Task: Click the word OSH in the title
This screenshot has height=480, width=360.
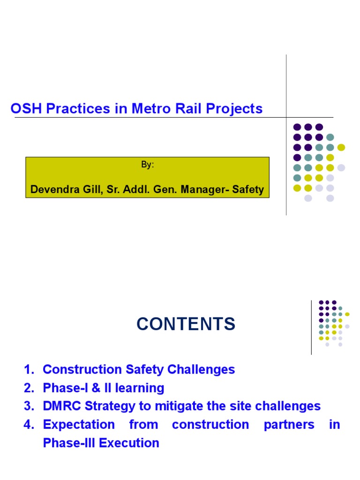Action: [x=26, y=108]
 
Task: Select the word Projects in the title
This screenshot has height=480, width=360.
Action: [x=234, y=109]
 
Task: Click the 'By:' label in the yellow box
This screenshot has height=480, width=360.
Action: [x=147, y=165]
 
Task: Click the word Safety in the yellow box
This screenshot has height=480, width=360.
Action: [x=247, y=189]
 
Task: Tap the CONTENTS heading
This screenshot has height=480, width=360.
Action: [x=186, y=324]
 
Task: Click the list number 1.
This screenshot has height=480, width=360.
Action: [x=29, y=369]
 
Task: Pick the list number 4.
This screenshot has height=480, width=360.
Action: [x=29, y=425]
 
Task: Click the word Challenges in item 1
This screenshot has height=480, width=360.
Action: [x=201, y=370]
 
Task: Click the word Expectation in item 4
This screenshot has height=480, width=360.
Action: [x=79, y=425]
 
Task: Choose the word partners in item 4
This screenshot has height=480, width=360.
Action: [x=289, y=425]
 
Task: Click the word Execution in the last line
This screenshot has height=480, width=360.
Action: [x=129, y=443]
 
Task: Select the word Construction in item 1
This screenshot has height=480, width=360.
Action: [x=82, y=369]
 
